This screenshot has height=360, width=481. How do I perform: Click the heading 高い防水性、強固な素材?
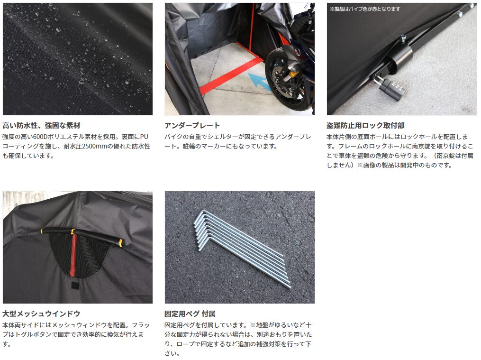tap(41, 125)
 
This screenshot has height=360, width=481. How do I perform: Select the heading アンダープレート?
tap(192, 125)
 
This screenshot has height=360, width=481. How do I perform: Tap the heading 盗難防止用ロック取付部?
tap(365, 125)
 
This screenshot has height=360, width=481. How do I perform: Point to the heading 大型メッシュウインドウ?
tap(41, 314)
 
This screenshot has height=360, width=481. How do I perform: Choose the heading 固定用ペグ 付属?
tap(190, 314)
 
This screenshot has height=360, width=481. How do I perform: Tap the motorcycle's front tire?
tap(286, 80)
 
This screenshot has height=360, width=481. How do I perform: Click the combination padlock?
tap(392, 89)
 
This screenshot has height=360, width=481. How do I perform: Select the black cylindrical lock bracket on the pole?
tap(399, 53)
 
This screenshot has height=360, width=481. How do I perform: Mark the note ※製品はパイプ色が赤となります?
tap(365, 9)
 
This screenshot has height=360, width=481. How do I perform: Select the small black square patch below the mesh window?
tap(74, 286)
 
